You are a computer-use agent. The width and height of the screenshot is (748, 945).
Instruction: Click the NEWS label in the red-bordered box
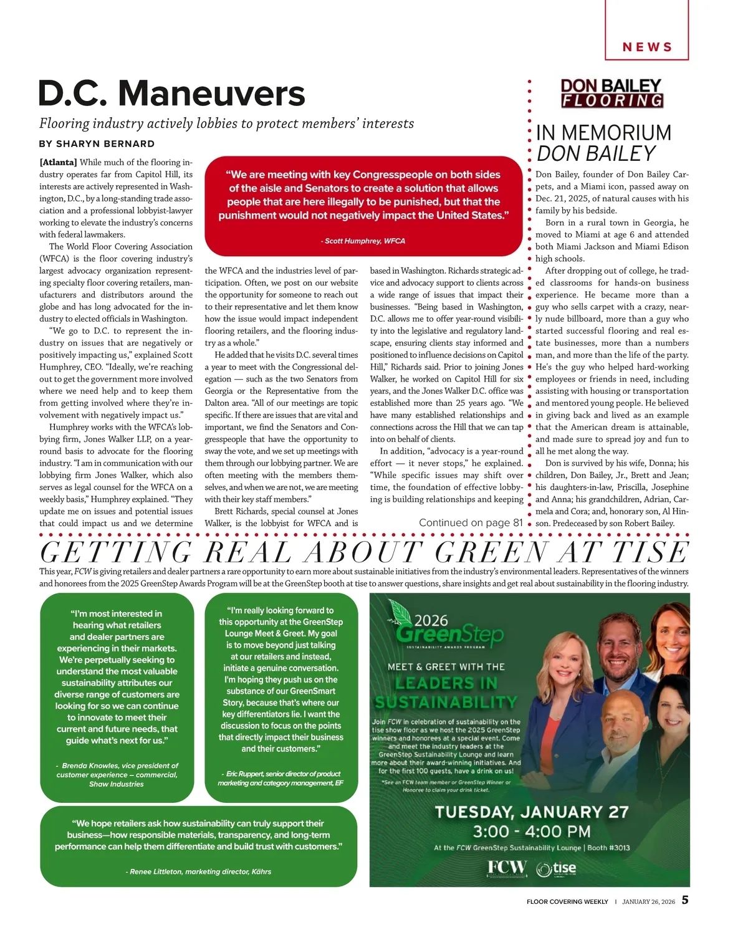pyautogui.click(x=647, y=47)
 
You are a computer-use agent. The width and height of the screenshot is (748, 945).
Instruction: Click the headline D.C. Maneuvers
pyautogui.click(x=171, y=94)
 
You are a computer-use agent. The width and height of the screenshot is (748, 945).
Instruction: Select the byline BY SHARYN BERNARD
pyautogui.click(x=97, y=144)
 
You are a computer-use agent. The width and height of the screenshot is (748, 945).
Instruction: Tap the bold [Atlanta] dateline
pyautogui.click(x=58, y=162)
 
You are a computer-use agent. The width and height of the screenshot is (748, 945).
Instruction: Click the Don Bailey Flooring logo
pyautogui.click(x=611, y=93)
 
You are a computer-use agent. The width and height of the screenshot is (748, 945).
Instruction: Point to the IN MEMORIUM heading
pyautogui.click(x=603, y=133)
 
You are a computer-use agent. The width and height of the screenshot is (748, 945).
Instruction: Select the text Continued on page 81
pyautogui.click(x=471, y=522)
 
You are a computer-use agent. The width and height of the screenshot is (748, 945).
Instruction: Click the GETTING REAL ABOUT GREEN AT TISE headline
pyautogui.click(x=364, y=552)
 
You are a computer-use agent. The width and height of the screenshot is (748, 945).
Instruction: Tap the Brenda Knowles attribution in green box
pyautogui.click(x=117, y=774)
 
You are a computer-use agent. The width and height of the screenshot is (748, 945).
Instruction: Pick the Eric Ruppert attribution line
pyautogui.click(x=280, y=778)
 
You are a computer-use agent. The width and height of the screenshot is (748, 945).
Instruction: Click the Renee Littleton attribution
pyautogui.click(x=198, y=871)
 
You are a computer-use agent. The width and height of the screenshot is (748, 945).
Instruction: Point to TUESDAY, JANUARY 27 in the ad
pyautogui.click(x=531, y=812)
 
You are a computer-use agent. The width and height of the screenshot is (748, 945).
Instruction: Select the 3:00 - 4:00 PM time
pyautogui.click(x=531, y=831)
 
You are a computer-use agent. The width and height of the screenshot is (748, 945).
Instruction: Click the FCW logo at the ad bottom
pyautogui.click(x=506, y=868)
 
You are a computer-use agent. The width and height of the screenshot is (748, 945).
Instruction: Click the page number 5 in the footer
pyautogui.click(x=684, y=899)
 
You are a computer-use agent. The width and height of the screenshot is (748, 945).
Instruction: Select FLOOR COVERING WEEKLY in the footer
pyautogui.click(x=567, y=901)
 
